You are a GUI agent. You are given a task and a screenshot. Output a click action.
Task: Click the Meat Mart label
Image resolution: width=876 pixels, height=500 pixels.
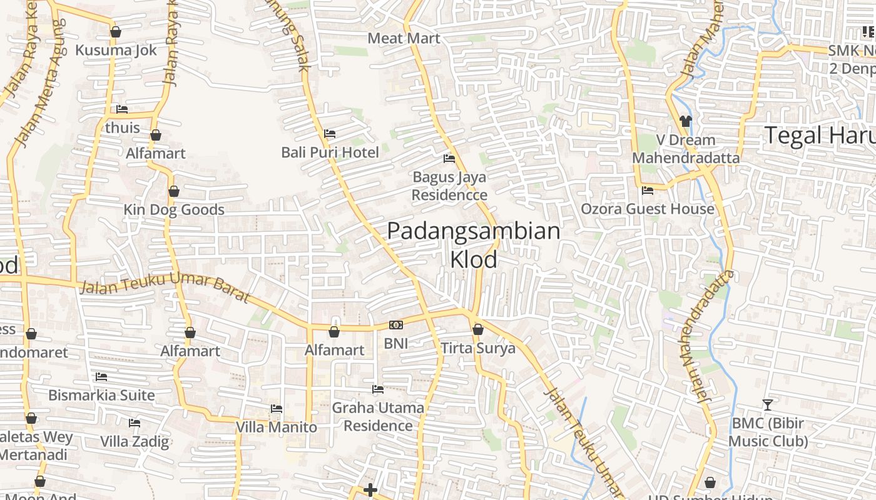pos(404,38)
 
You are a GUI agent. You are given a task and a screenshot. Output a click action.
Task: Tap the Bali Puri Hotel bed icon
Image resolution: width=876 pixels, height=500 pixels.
pos(330,134)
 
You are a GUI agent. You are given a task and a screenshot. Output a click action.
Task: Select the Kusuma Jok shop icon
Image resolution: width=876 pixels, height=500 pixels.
pos(115,32)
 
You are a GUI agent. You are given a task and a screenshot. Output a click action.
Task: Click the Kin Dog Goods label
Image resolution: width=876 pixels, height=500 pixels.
pos(173,209)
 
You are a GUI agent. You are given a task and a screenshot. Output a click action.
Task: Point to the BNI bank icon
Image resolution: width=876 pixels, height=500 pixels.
pos(395,325)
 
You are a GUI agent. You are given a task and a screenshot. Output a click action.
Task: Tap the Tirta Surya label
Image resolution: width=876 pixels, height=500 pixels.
pos(478,348)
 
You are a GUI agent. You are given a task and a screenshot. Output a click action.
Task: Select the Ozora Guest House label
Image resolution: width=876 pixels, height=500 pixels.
pos(648,209)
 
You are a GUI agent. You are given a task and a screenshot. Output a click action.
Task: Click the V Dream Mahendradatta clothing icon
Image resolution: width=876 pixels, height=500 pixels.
pos(685,121)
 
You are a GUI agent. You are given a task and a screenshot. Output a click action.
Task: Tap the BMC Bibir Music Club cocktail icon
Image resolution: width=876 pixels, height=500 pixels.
pos(768,404)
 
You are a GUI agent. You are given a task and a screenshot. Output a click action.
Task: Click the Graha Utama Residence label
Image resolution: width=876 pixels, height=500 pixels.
pos(378,417)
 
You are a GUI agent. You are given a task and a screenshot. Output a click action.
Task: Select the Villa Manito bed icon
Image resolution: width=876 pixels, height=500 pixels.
pos(277,409)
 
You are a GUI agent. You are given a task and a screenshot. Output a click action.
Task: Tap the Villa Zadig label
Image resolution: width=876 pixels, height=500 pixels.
pos(135,441)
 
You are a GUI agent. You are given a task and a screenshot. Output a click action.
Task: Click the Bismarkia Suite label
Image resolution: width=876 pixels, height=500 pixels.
pos(101,395)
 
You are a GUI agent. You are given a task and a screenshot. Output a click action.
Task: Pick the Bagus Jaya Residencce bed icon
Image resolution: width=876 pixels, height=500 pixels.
pos(449,159)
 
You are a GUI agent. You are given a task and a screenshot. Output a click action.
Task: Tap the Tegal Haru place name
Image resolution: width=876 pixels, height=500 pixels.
pos(820,136)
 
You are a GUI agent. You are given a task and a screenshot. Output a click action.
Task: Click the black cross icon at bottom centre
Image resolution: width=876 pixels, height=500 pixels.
pos(370,489)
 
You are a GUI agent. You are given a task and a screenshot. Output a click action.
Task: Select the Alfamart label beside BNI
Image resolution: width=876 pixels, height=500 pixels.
pos(334,350)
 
